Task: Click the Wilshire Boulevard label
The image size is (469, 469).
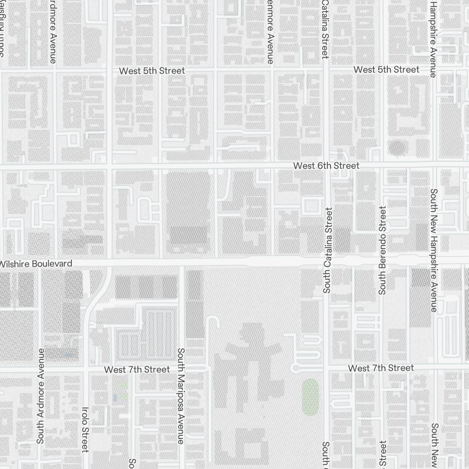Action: point(36,264)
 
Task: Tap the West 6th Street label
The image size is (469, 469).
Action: point(326,166)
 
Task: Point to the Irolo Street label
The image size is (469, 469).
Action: point(85,430)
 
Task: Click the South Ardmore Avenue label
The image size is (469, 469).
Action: point(40,395)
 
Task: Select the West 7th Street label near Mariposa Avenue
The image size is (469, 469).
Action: point(137,370)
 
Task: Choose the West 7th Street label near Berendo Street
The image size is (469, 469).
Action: point(381,368)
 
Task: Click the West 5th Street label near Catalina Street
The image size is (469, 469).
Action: point(386,69)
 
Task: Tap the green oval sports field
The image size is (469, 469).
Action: point(310,396)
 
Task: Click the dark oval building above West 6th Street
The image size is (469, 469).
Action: point(397,148)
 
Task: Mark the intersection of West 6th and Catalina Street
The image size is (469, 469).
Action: point(327,166)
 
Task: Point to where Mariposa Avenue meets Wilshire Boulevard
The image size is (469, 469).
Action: point(181,263)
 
